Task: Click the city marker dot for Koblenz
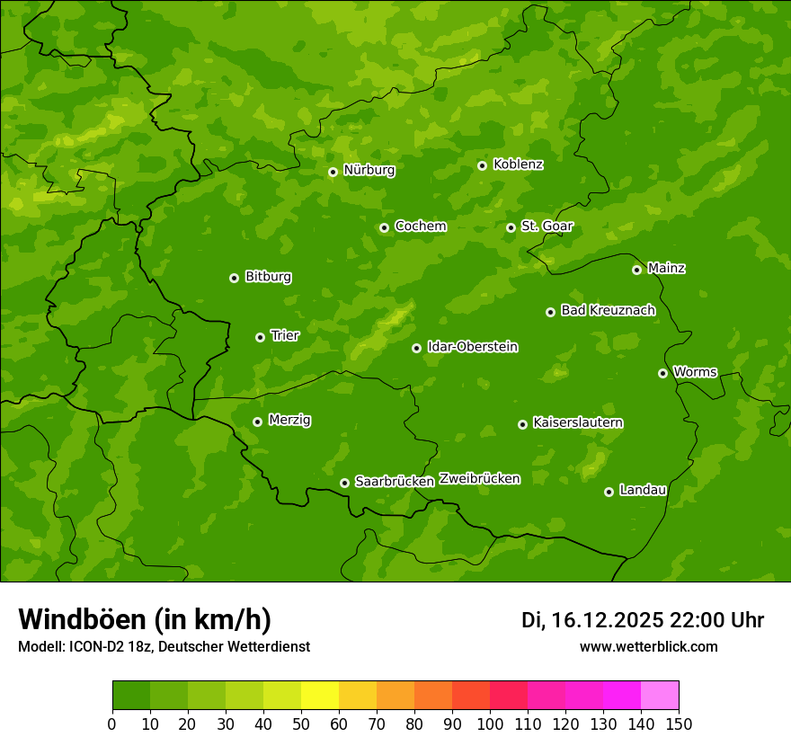(483, 165)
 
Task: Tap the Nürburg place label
(369, 170)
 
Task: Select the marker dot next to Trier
(261, 337)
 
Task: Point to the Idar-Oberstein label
(472, 347)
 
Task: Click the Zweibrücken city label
(479, 479)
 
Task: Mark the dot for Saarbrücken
(344, 483)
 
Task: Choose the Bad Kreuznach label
(608, 310)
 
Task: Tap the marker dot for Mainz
(637, 270)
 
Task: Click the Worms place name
(695, 372)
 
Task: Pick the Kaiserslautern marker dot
(523, 424)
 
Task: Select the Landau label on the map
(643, 490)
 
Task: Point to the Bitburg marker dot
(235, 278)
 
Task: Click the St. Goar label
(547, 226)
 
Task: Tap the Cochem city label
(420, 226)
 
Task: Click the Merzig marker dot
(258, 422)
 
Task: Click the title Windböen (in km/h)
(145, 619)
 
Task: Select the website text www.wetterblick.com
(648, 647)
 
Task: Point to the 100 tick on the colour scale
(490, 724)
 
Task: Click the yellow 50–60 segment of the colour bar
(320, 696)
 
